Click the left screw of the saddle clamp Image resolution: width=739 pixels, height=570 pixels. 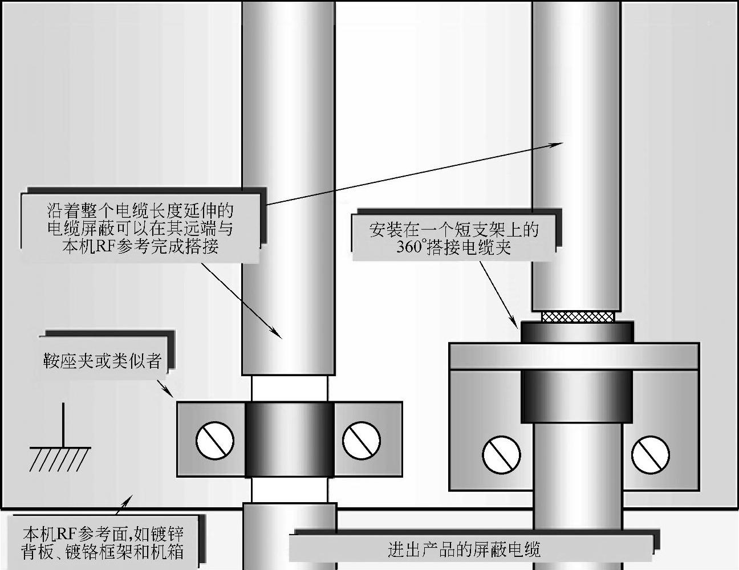click(214, 440)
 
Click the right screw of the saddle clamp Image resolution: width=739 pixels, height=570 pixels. click(362, 440)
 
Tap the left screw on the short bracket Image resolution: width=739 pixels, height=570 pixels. click(501, 454)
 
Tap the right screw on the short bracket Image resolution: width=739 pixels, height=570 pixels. click(651, 454)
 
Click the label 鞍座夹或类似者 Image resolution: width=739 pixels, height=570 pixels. click(103, 361)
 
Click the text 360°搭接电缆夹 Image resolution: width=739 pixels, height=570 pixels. click(453, 247)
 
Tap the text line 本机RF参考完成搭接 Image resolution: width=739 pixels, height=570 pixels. click(140, 246)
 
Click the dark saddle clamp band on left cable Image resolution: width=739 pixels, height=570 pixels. click(289, 439)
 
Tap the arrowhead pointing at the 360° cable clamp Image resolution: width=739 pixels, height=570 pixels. click(515, 322)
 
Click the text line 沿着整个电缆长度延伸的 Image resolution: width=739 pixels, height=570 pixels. click(140, 210)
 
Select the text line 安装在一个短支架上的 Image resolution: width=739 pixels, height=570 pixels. click(453, 230)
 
